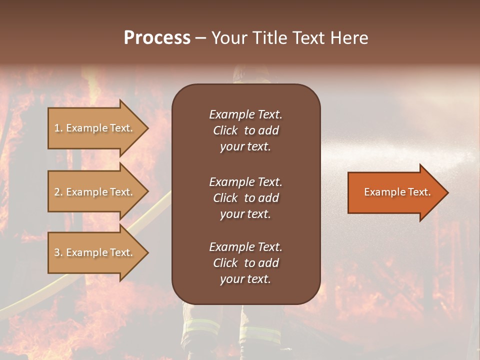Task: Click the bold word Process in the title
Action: coord(157,38)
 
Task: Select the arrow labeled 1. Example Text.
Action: coord(95,128)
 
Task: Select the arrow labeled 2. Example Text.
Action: coord(95,192)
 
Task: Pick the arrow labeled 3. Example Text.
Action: coord(95,252)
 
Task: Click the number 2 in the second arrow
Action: coord(57,192)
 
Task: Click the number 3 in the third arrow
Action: coord(57,252)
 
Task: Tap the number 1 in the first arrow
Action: coord(56,128)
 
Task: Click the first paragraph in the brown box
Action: coord(245,130)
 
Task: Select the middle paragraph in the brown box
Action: coord(245,198)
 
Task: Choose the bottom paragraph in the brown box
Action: coord(245,263)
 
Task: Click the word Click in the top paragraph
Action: coord(225,130)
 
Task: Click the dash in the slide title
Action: coord(200,38)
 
